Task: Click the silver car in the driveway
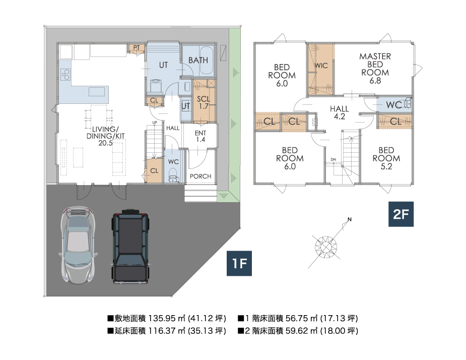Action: [x=78, y=245]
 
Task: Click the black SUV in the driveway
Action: [x=130, y=246]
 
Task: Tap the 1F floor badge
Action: [x=239, y=263]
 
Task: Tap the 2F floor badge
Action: [x=401, y=214]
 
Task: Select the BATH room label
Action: [x=198, y=61]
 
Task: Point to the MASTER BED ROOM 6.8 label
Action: [x=375, y=69]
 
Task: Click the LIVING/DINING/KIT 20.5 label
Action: [x=105, y=136]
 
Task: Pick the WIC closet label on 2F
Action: [x=321, y=66]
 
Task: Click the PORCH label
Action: [x=201, y=176]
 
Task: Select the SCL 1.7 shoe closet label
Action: [x=204, y=102]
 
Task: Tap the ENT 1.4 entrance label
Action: [x=201, y=136]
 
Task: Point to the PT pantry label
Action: [x=137, y=48]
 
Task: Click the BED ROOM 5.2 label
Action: [x=386, y=158]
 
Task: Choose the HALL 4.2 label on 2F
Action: [x=340, y=112]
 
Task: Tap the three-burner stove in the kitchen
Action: [x=65, y=75]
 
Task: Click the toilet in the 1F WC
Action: [x=173, y=175]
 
